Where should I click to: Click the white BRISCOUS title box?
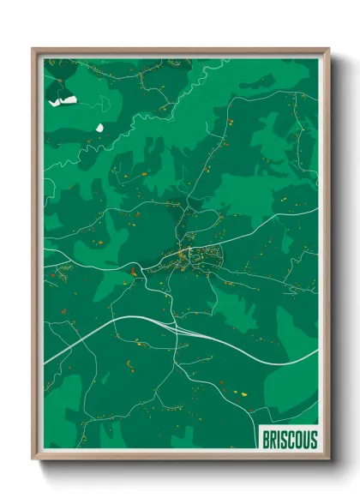(289, 440)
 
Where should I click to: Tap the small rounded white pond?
(99, 128)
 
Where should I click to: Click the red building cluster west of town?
(133, 273)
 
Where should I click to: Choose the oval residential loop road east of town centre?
(211, 254)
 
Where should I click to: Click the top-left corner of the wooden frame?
(33, 49)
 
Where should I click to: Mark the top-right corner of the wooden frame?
(328, 49)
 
